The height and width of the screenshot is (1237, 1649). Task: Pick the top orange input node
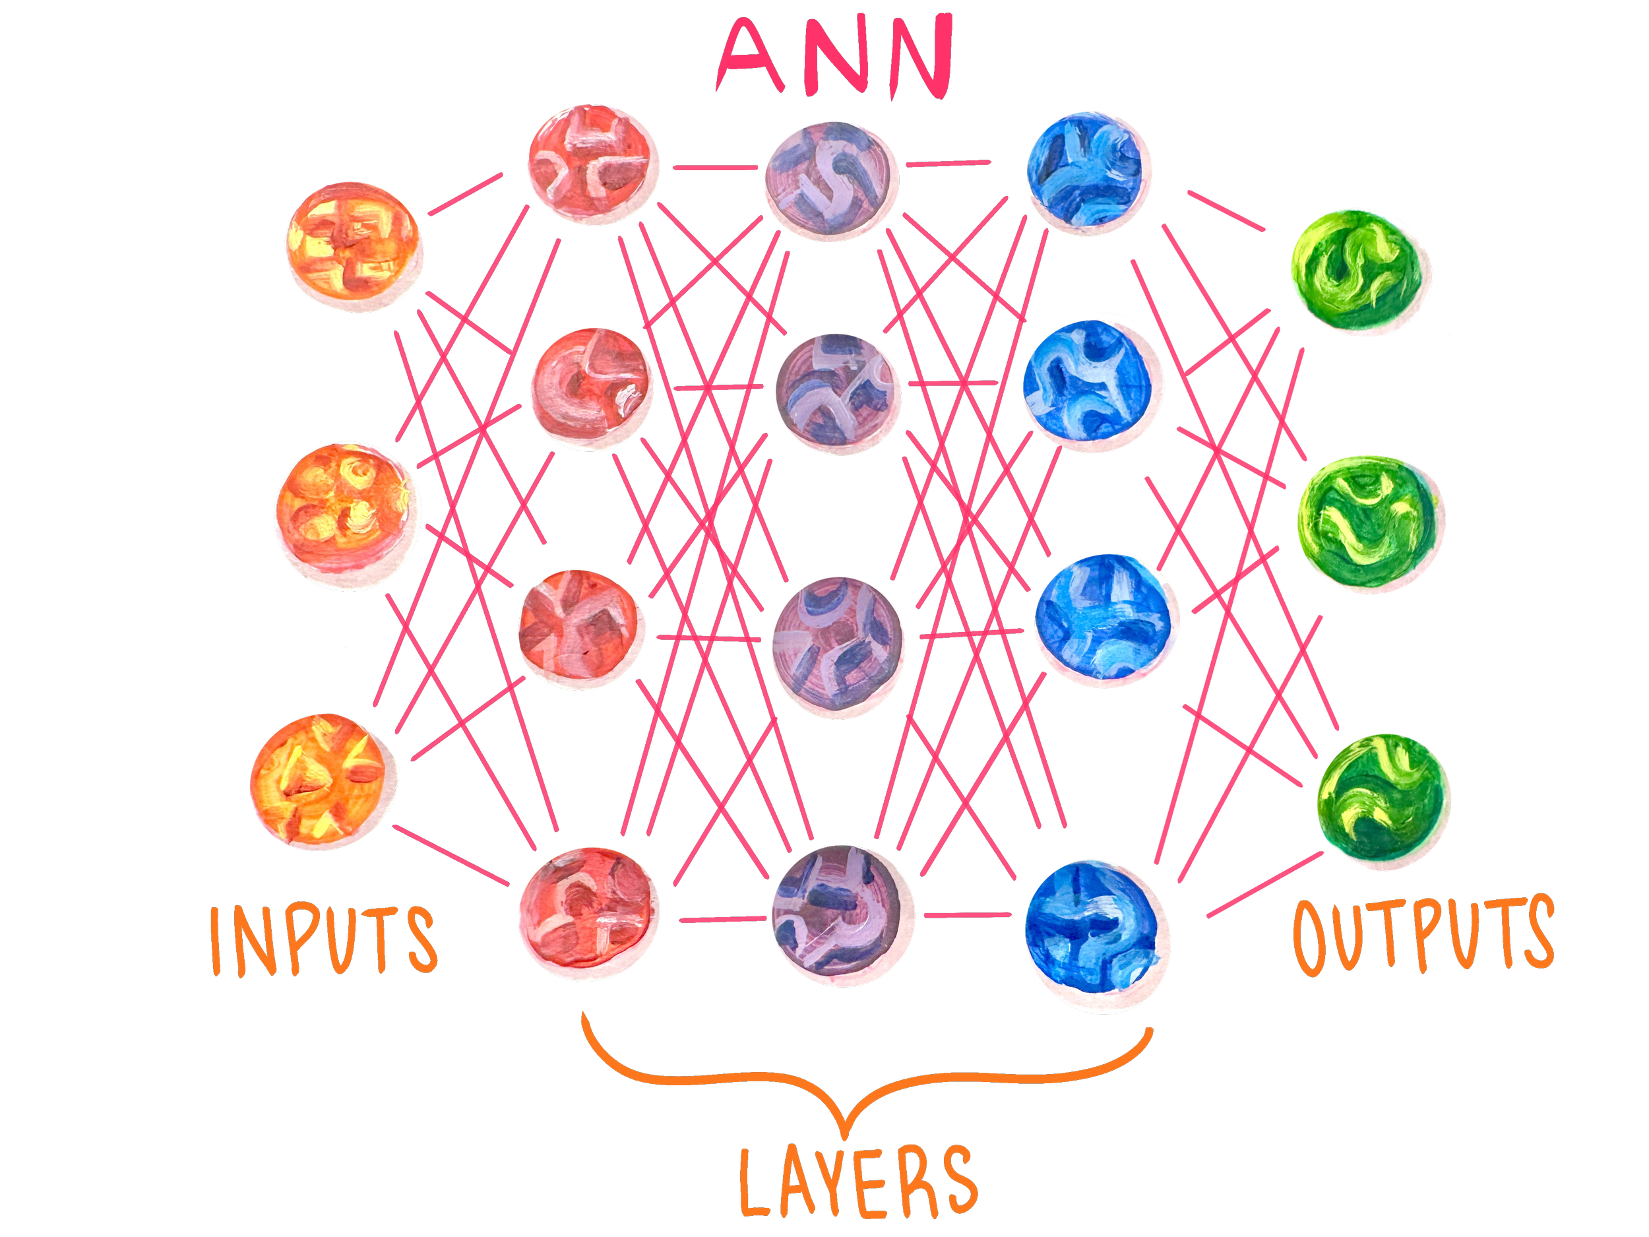[x=354, y=246]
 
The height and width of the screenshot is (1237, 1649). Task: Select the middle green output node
[x=1370, y=525]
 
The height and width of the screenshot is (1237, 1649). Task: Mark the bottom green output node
[x=1384, y=801]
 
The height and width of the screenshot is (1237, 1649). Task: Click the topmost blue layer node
[x=1088, y=173]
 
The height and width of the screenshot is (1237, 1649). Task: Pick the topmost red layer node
[x=594, y=164]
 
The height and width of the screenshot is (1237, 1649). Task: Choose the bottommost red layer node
[x=589, y=913]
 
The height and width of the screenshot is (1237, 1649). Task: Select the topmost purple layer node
[x=831, y=181]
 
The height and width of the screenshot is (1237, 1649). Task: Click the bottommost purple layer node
[x=842, y=916]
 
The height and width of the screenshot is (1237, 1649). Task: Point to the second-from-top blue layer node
[x=1092, y=386]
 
